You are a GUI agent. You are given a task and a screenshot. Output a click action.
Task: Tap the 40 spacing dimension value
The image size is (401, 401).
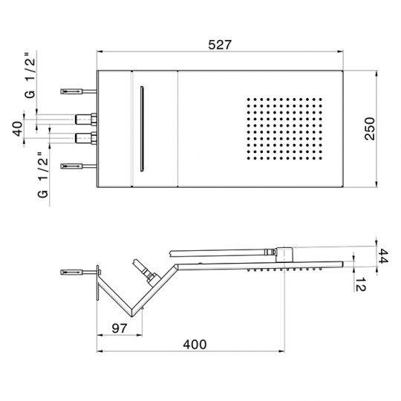(16, 127)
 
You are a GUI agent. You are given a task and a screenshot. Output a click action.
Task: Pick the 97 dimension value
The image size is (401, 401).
(120, 327)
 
